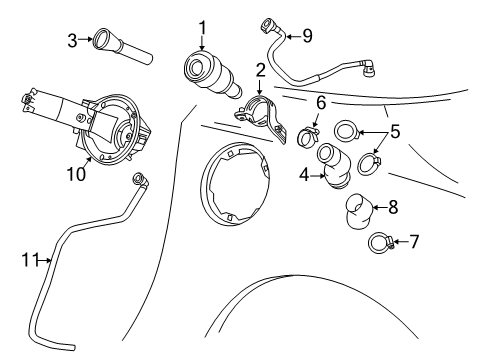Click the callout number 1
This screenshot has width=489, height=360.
tap(201, 26)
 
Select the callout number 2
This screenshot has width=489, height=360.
tap(260, 70)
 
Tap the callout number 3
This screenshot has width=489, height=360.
tap(72, 40)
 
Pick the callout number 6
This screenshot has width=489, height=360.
tap(321, 103)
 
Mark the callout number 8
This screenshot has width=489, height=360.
tap(392, 208)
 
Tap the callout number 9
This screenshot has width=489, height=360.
tap(307, 36)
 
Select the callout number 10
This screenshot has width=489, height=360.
tap(74, 173)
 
